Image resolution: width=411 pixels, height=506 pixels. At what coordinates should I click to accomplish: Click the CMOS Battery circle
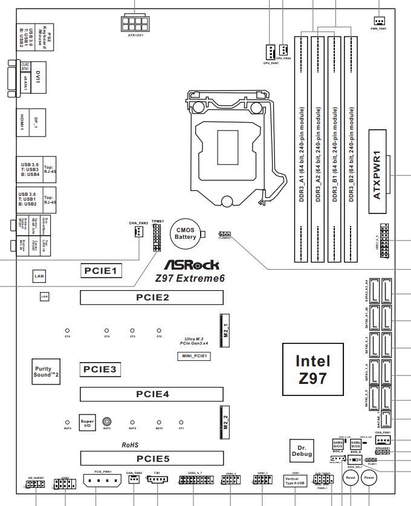pos(186,233)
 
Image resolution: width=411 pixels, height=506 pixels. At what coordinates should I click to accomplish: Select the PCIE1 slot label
pos(102,270)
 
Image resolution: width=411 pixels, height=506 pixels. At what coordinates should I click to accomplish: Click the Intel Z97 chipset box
pos(313,370)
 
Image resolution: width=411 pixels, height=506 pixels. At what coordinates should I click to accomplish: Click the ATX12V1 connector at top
pos(135,24)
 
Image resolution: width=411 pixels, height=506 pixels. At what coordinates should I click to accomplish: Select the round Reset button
pos(350,478)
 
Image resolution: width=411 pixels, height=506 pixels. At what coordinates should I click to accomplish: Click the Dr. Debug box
pos(302,449)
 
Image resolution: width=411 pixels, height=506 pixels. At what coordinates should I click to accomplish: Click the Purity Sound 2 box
pos(47,372)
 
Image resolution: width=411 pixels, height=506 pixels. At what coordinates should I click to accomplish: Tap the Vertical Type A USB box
pos(296,482)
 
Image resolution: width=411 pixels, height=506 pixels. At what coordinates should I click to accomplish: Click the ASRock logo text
pos(193,265)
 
